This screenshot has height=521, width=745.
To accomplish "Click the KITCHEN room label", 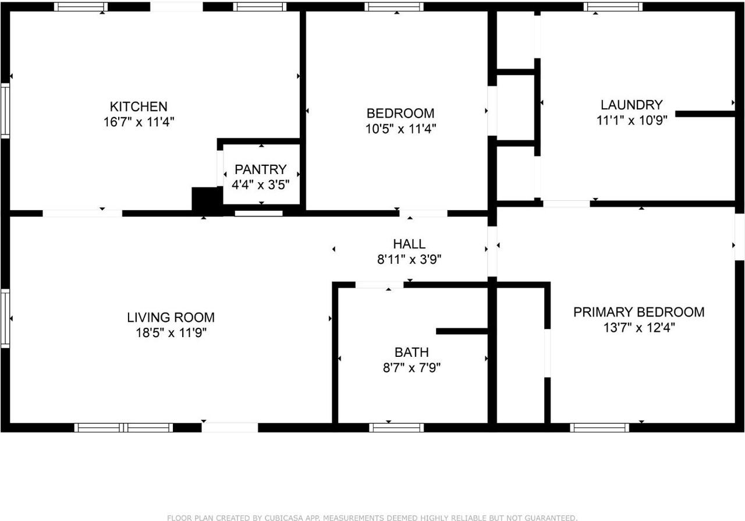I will tap(139, 107).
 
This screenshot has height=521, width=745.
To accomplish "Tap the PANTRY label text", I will tap(260, 169).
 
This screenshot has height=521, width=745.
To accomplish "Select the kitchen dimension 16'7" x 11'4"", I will tap(139, 122).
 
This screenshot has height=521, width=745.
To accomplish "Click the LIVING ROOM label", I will tap(171, 317).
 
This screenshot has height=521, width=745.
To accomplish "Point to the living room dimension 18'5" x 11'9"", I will tap(171, 333).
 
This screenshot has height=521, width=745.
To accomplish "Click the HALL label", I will tap(409, 244).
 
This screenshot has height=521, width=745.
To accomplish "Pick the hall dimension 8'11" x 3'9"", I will tap(409, 260).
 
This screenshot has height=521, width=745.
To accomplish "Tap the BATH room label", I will tap(411, 352).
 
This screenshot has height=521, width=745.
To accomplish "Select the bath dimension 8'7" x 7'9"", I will tap(411, 368).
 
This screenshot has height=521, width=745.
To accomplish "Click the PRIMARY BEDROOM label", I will tap(638, 312).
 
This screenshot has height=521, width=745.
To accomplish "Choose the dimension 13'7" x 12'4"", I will tap(638, 328).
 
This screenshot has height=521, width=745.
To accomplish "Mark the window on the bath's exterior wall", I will tap(396, 428).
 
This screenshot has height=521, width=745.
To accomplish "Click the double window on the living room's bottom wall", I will tap(123, 428).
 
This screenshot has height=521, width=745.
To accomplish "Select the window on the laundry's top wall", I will tap(613, 7).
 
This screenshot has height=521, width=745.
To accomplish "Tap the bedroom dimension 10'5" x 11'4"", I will tap(400, 129).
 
